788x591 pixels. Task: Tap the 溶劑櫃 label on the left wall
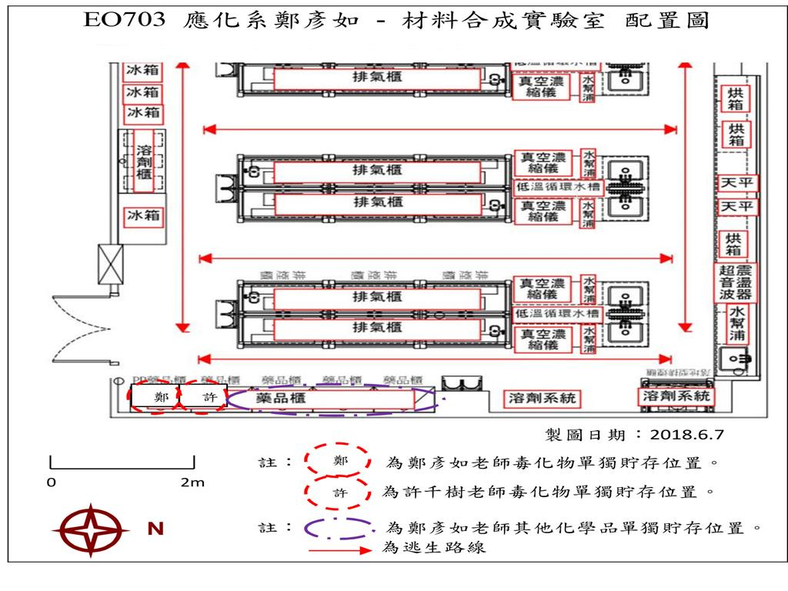point(144,164)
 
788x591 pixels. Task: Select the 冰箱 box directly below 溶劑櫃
point(144,215)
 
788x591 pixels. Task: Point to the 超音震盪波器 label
point(736,282)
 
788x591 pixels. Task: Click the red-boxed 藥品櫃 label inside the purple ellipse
point(282,397)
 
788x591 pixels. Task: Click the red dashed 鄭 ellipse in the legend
point(339,460)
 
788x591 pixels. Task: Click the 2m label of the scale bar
point(192,482)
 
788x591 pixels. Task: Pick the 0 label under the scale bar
point(51,482)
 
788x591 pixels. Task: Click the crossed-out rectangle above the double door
point(109,263)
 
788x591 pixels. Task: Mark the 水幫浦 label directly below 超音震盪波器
point(736,324)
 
